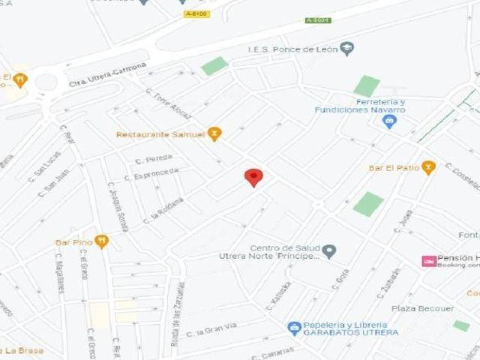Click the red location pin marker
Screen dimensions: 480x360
point(254,177)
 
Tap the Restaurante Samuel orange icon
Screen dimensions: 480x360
point(215,134)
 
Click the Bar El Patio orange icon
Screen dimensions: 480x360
point(428,167)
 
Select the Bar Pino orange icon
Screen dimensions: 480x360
point(102,241)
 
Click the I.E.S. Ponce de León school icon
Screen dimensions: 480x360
point(346,49)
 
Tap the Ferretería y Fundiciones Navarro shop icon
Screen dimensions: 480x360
point(388,121)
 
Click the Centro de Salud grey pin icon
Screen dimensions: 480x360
point(329,251)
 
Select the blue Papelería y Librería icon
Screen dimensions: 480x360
point(295,328)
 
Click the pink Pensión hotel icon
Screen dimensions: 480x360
point(429,261)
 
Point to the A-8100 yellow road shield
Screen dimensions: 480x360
point(196,13)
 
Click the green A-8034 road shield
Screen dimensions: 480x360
point(318,20)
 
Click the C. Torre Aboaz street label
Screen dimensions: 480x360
point(169,105)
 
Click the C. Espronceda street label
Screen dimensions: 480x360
point(156,175)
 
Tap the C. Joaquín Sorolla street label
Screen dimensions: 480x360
point(118,206)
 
